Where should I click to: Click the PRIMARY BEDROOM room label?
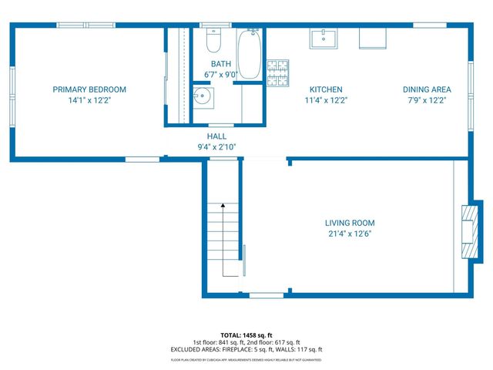89,89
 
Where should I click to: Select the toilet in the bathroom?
215,38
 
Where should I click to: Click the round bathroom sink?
203,98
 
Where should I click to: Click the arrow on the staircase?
223,207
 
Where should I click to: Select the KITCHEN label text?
326,89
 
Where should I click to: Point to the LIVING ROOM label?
349,223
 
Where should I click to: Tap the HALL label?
216,136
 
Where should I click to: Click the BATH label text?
221,64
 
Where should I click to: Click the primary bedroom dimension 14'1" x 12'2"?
89,100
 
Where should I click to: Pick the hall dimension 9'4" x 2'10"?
216,146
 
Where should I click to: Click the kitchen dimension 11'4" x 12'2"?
326,100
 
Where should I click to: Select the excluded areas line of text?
246,350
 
